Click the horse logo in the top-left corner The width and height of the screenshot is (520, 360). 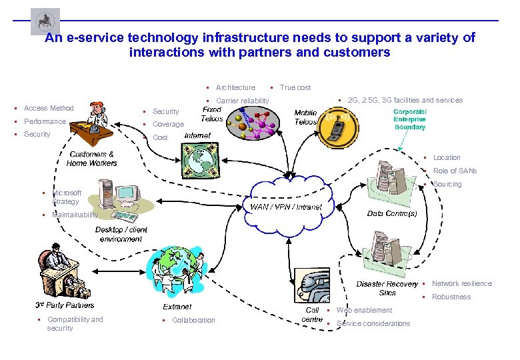click(45, 21)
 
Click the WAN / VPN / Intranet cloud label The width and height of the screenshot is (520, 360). click(285, 207)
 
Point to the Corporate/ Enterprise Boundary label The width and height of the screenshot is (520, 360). click(409, 119)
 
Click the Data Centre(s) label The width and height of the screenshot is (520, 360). click(392, 213)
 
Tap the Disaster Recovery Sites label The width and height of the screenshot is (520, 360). click(387, 288)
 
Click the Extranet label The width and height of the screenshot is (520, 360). click(177, 307)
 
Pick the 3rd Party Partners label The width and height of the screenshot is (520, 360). click(65, 305)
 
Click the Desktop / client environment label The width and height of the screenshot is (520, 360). click(121, 234)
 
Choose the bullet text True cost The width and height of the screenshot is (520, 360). click(295, 87)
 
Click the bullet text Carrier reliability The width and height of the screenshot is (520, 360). click(243, 101)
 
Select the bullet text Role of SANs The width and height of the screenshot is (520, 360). click(455, 171)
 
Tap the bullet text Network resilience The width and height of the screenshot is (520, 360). click(461, 283)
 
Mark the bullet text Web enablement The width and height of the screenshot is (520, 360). click(364, 310)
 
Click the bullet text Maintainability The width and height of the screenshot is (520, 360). click(75, 215)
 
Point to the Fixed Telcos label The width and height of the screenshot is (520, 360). click(212, 114)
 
